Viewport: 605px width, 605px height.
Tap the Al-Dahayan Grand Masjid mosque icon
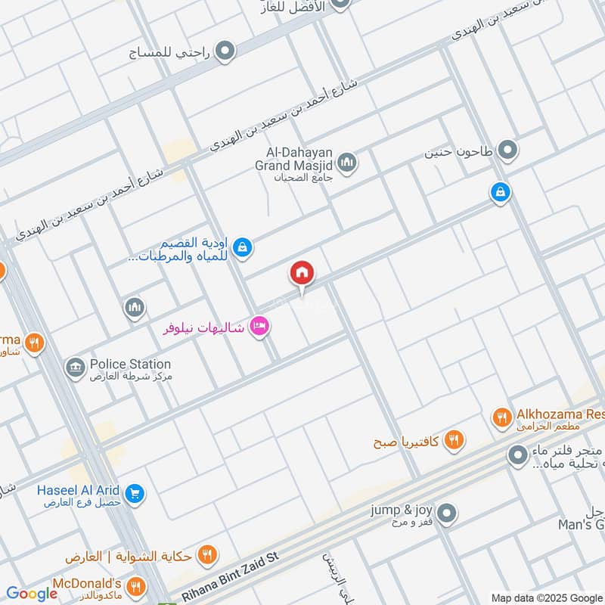coord(347,162)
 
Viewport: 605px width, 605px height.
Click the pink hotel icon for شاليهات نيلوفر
coord(260,327)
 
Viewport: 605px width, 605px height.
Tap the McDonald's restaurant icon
coord(136,586)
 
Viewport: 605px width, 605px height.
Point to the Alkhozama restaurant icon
coord(501,417)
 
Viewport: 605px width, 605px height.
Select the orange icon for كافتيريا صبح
coord(454,439)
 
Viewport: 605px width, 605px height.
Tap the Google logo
coord(32,594)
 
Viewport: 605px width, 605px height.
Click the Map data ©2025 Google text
coord(546,597)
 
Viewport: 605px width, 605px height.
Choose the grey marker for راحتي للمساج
coord(225,52)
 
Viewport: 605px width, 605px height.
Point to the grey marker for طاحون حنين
coord(508,150)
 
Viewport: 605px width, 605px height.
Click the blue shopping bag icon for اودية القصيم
coord(242,247)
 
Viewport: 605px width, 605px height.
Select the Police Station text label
coord(130,365)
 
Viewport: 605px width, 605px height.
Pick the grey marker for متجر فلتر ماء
coord(518,455)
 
